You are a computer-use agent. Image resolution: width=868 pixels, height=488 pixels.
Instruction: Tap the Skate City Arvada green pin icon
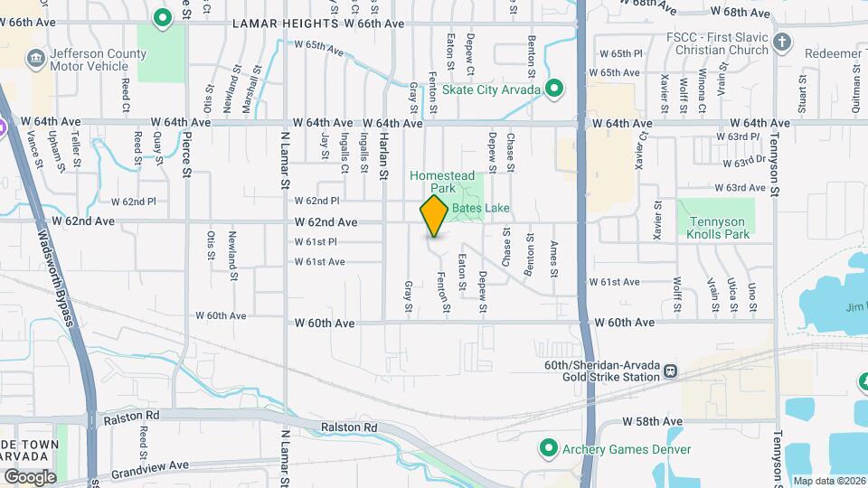(x=555, y=89)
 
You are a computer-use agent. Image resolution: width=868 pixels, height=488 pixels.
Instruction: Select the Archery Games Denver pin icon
(x=548, y=448)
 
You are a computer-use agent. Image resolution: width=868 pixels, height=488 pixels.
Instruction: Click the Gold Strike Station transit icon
(x=671, y=371)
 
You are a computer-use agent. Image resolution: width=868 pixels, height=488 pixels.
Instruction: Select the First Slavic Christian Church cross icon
(x=782, y=42)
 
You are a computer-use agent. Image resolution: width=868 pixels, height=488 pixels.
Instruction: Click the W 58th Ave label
(x=652, y=422)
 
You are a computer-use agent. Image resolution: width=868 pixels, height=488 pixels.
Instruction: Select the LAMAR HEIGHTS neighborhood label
(x=285, y=24)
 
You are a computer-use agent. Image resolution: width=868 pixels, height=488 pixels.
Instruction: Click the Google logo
(x=29, y=476)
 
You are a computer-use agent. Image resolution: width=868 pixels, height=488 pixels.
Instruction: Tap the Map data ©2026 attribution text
(x=827, y=481)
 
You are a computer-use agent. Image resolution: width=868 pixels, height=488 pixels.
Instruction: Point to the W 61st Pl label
(x=316, y=242)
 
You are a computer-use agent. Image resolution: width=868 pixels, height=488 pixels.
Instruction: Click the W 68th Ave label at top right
(x=740, y=13)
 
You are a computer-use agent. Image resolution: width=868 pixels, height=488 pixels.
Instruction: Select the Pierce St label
(x=187, y=153)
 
